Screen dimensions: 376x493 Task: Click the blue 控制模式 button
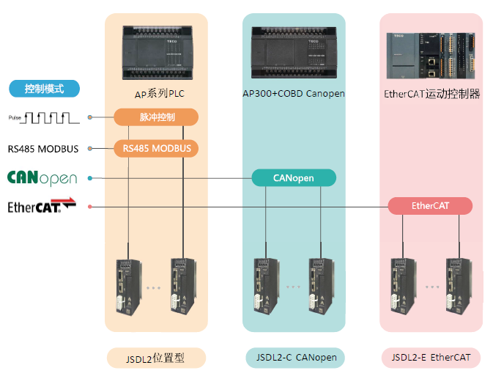coord(44,89)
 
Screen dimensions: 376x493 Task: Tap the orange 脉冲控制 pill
coord(156,117)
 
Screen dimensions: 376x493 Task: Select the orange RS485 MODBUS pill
coord(156,149)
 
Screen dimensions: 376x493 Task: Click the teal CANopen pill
coord(294,178)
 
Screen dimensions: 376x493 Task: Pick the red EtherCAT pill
coord(430,206)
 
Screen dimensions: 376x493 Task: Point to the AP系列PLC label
coord(156,94)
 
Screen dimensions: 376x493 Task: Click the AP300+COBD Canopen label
coord(294,94)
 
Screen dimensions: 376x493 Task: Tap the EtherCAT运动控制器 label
coord(431,94)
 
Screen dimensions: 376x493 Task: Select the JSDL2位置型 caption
coord(156,358)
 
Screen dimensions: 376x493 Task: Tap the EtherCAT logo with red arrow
coord(42,206)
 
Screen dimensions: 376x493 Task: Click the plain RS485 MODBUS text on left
coord(43,149)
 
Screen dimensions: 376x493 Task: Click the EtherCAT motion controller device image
coord(431,54)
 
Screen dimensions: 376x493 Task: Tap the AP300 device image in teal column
coord(294,51)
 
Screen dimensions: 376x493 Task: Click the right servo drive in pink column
coord(457,287)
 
